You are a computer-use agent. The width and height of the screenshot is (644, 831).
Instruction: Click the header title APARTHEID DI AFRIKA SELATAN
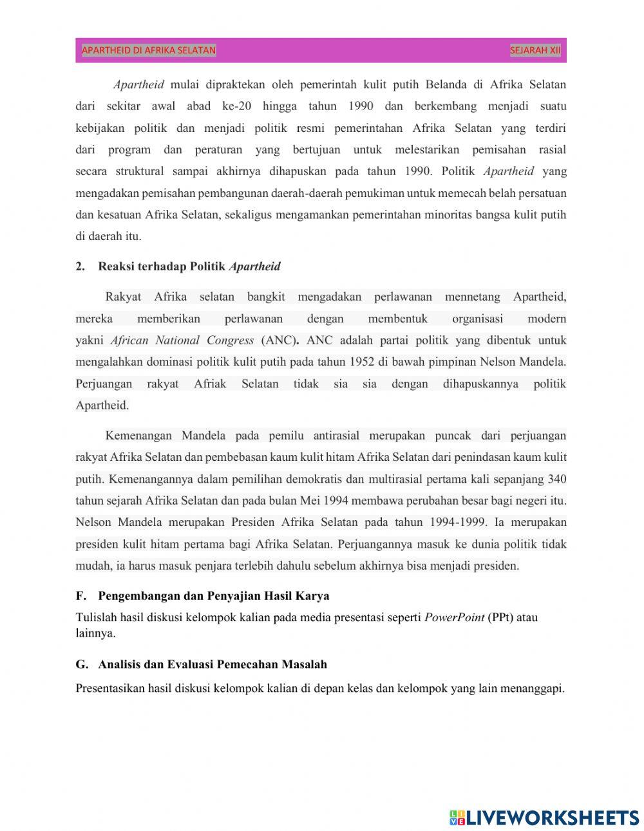149,50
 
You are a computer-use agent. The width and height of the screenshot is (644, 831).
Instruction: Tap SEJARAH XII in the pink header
535,50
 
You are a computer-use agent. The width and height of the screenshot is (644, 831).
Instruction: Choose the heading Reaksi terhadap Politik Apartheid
189,266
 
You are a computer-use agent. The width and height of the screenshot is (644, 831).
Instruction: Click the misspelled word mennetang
472,297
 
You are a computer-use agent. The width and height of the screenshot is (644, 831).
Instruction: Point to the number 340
556,479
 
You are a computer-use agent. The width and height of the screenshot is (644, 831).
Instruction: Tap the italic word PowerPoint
454,617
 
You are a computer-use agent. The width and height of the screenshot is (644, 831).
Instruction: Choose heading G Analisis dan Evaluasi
201,664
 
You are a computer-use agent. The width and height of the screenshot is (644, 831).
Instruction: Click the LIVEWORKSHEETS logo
544,817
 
